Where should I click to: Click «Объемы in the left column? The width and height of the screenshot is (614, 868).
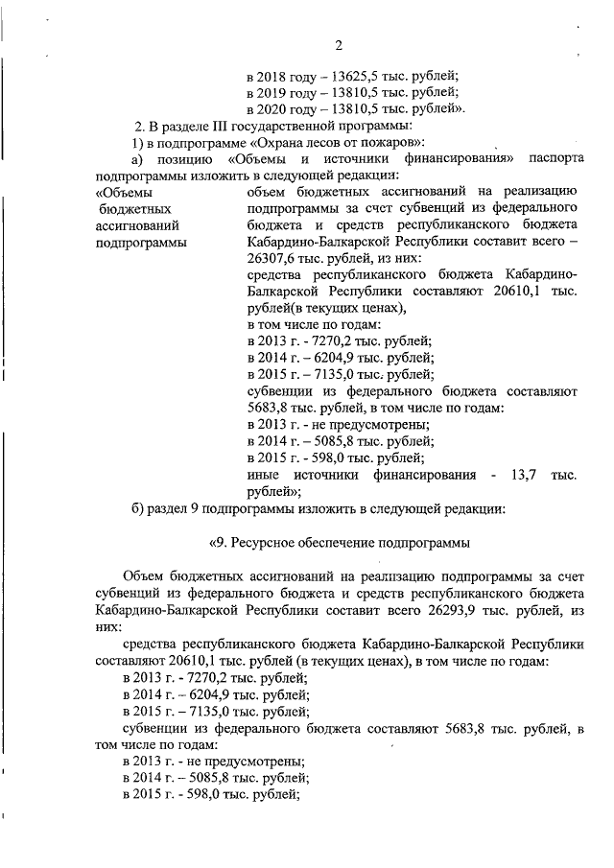click(123, 193)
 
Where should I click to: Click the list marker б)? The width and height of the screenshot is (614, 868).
click(139, 508)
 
